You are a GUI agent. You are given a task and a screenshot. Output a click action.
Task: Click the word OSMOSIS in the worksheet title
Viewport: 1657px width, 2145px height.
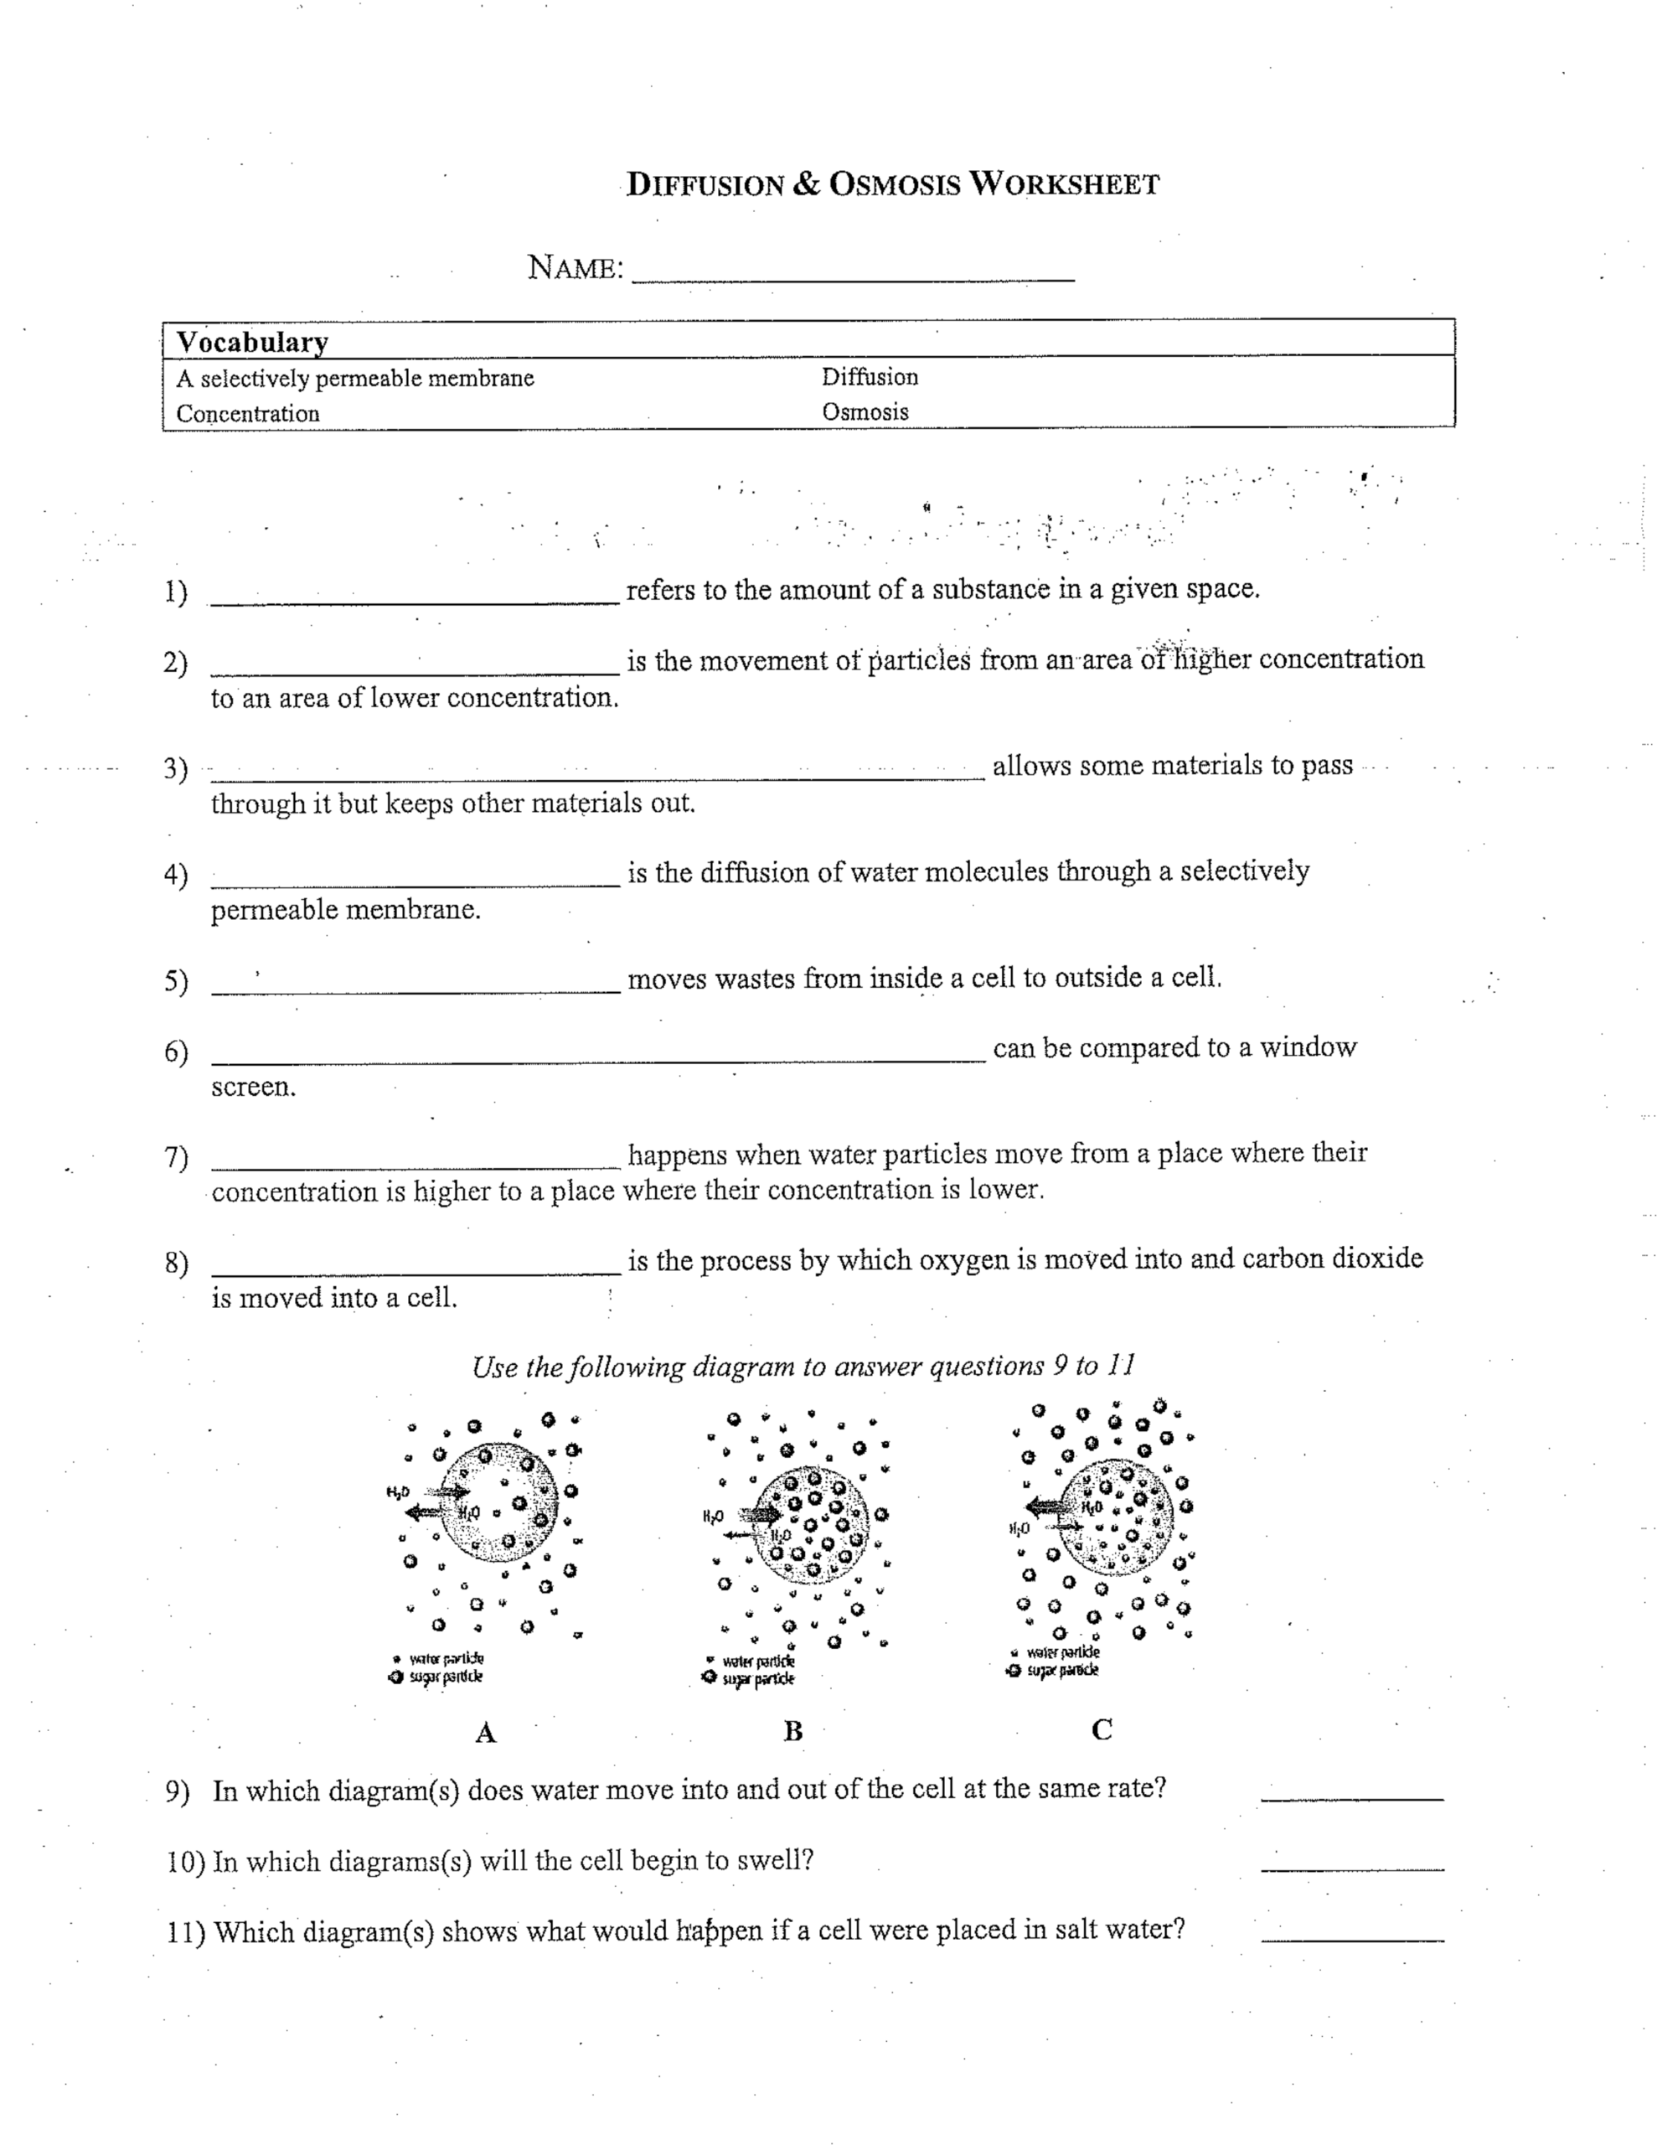pos(894,184)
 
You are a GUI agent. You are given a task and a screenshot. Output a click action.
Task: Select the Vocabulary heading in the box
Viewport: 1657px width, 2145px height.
pos(251,342)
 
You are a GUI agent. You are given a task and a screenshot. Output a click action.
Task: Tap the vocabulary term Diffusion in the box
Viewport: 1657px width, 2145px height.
pos(870,377)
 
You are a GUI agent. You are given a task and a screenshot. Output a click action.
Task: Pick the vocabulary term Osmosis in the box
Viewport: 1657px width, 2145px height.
pos(865,412)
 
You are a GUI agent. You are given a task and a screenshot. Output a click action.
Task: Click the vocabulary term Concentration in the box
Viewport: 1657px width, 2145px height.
pos(247,413)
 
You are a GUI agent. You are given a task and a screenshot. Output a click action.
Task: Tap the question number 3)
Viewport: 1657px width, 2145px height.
pos(175,768)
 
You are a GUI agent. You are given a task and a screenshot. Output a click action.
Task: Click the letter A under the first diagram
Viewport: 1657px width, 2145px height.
pos(485,1734)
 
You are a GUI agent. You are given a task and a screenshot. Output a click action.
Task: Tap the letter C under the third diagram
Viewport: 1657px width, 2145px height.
pos(1101,1729)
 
